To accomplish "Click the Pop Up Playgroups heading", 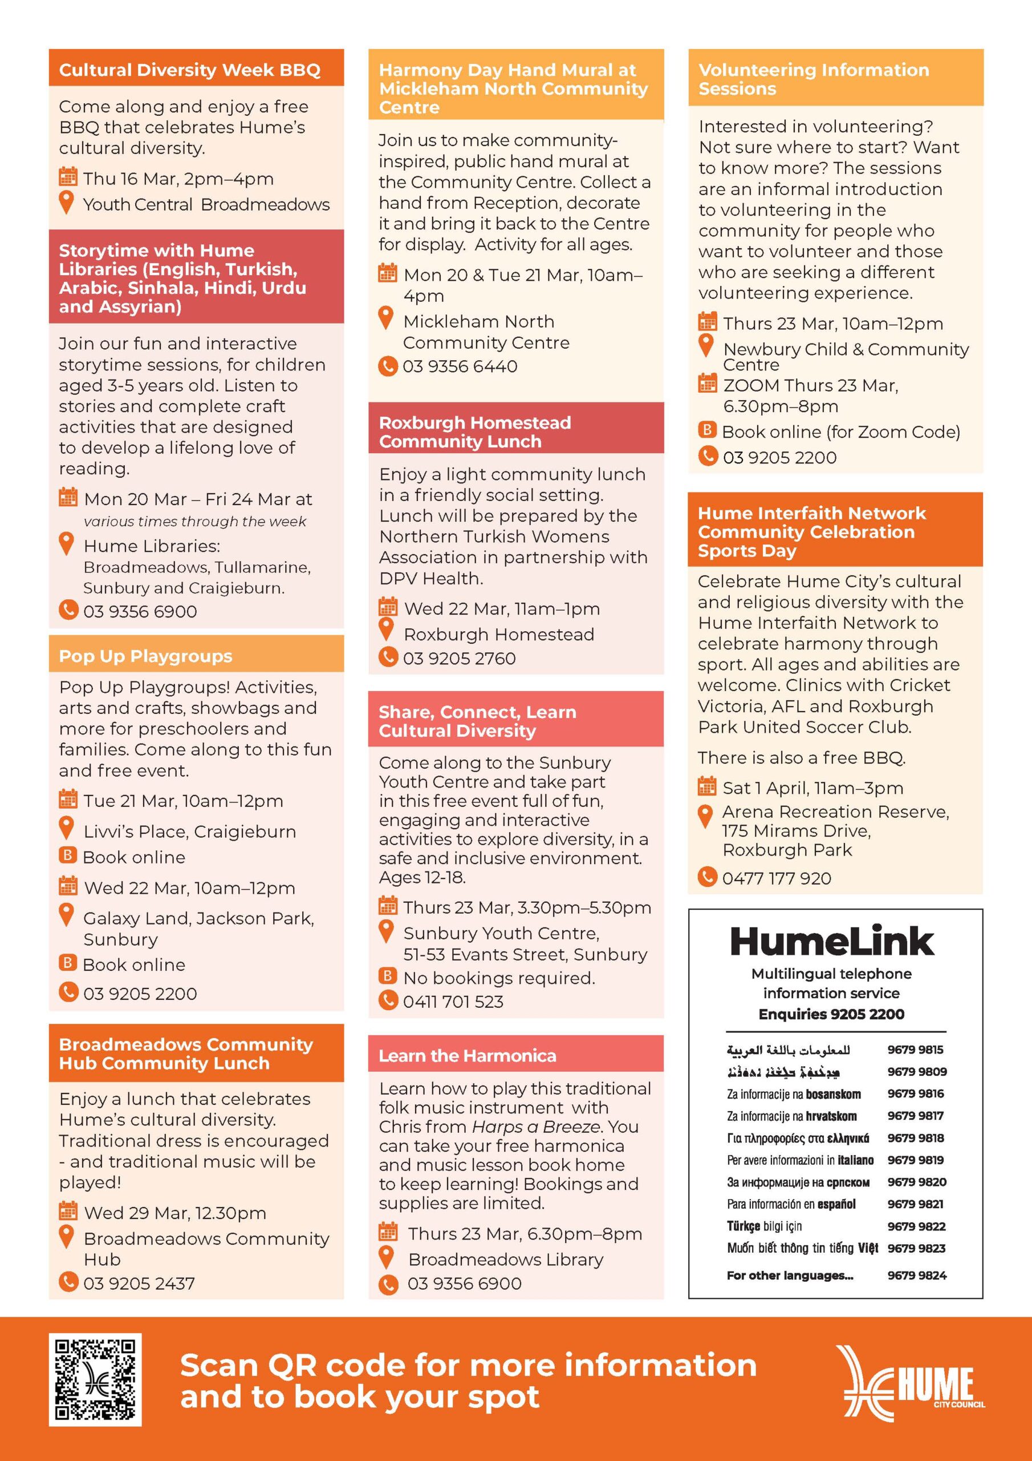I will point(145,656).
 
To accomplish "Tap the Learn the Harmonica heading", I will point(468,1056).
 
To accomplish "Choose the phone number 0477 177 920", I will point(777,878).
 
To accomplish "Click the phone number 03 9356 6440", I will point(460,366).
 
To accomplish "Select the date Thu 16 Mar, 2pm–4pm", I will point(178,179).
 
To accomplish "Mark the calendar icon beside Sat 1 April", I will point(706,787).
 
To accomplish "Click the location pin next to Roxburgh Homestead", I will point(386,630).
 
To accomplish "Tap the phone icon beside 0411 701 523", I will point(387,1000).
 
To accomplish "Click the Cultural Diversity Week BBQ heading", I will point(189,70).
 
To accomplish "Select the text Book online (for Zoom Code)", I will point(840,431).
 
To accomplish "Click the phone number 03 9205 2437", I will point(139,1283).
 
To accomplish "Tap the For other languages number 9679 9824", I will point(916,1275).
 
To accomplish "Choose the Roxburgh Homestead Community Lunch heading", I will point(474,431).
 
